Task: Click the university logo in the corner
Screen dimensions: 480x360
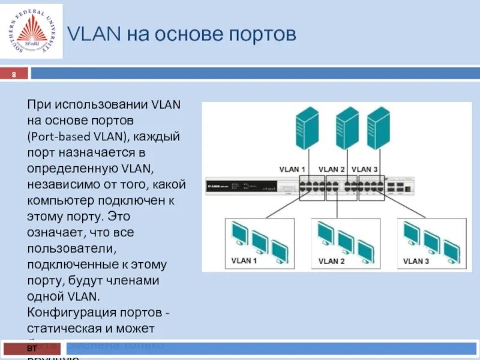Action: pyautogui.click(x=31, y=32)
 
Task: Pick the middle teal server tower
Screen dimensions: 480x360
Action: pyautogui.click(x=347, y=128)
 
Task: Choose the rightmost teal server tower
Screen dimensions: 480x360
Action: pyautogui.click(x=379, y=128)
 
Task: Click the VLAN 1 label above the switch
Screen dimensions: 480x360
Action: pyautogui.click(x=292, y=169)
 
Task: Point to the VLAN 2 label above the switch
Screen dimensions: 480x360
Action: pyautogui.click(x=331, y=169)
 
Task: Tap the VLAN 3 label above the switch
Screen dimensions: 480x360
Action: pyautogui.click(x=364, y=169)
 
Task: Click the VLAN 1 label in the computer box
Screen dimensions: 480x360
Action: pyautogui.click(x=244, y=261)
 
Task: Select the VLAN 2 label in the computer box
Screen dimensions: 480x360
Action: pyautogui.click(x=331, y=261)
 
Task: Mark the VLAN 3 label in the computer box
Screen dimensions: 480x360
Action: pyautogui.click(x=416, y=261)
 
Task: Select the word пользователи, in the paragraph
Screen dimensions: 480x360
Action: pyautogui.click(x=66, y=248)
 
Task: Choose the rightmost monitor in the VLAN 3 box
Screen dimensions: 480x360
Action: pyautogui.click(x=448, y=248)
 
